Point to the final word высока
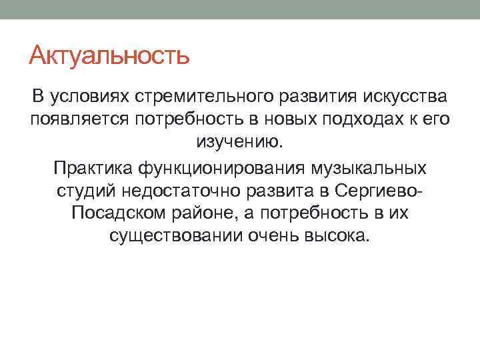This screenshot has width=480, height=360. tap(340, 236)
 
